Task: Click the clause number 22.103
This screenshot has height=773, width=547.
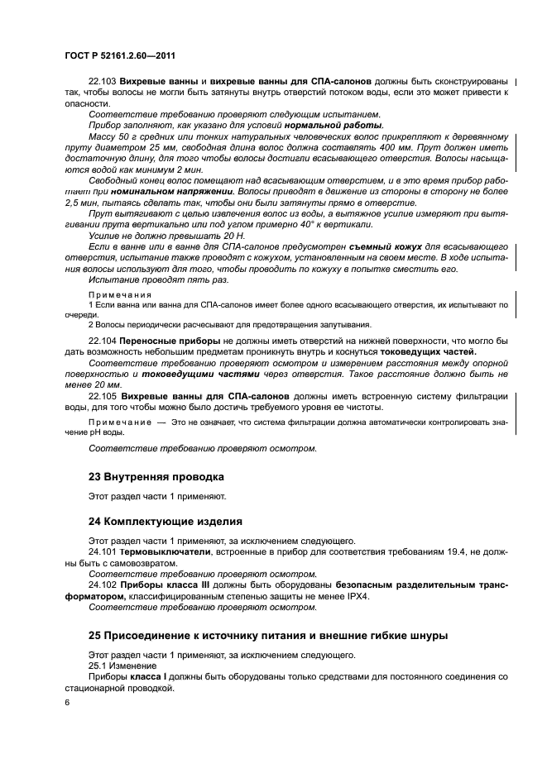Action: coord(102,83)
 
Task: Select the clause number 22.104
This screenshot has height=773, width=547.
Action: coord(102,341)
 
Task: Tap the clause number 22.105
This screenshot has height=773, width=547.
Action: coord(102,396)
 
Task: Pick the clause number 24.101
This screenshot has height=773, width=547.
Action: coord(102,551)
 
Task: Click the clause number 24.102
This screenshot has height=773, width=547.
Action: coord(102,585)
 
